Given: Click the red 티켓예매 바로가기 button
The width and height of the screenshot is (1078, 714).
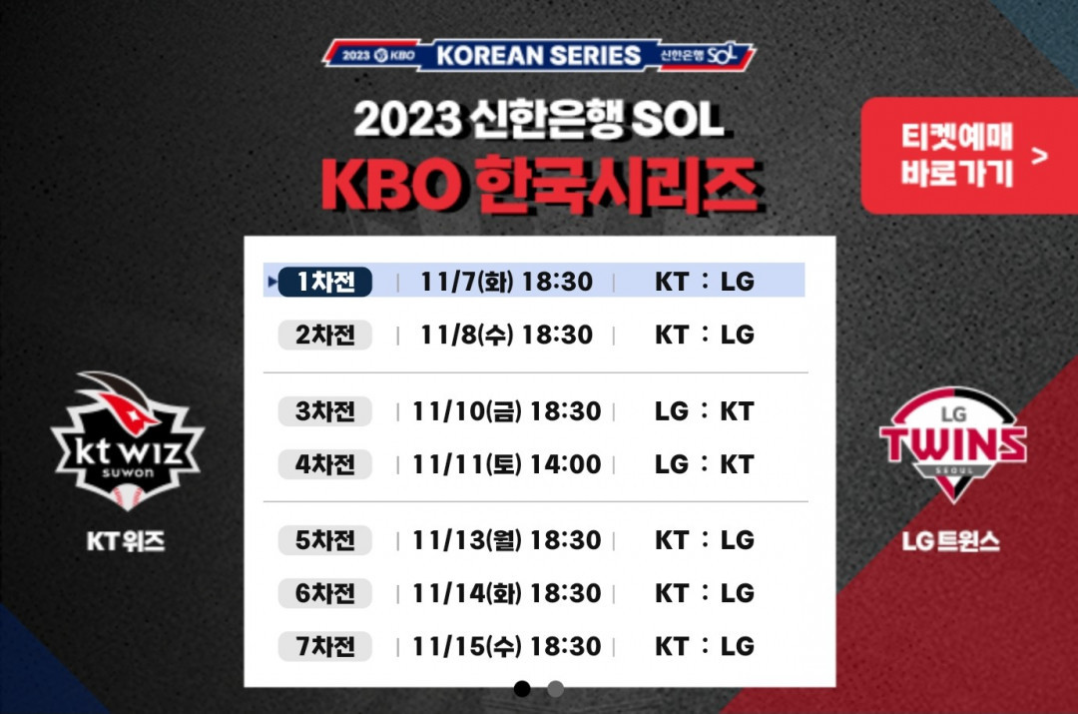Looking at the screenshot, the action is pos(968,156).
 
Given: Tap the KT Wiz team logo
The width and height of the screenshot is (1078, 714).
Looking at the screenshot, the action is pos(127,441).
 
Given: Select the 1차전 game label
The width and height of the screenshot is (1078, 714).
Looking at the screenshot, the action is pos(325,282).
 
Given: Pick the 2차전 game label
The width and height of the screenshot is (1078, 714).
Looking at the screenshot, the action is pos(325,335).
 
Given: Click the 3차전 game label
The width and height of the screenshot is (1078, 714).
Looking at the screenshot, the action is pos(325,411).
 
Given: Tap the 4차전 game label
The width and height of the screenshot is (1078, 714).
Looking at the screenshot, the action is pos(325,464).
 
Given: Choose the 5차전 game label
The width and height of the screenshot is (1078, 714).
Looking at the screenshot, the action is pos(325,540).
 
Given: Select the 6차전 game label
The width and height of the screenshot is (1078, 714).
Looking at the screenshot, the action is pos(325,593).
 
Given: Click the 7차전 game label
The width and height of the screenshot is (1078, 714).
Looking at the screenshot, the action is pos(325,646).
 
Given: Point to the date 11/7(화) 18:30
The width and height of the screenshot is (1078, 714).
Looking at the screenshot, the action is pos(506,282).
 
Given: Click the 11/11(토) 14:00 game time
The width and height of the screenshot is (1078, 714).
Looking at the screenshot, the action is pos(506,464).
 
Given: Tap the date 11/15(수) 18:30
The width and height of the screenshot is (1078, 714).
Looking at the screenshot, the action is pos(506,646).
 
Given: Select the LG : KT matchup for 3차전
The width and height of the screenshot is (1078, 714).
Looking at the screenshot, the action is pos(705,411).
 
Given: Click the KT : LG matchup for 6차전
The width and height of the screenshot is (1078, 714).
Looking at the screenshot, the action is pos(705,593).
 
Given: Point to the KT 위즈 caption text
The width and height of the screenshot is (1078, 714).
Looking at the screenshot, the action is pos(126,541).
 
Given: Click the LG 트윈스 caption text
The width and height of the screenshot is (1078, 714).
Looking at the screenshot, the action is pos(951,541).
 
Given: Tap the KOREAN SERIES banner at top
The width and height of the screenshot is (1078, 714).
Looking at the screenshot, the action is pos(539,55).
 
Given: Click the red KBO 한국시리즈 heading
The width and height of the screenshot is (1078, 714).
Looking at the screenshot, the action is pos(540,185).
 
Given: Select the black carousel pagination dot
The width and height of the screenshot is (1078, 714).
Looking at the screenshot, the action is pos(522,688).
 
